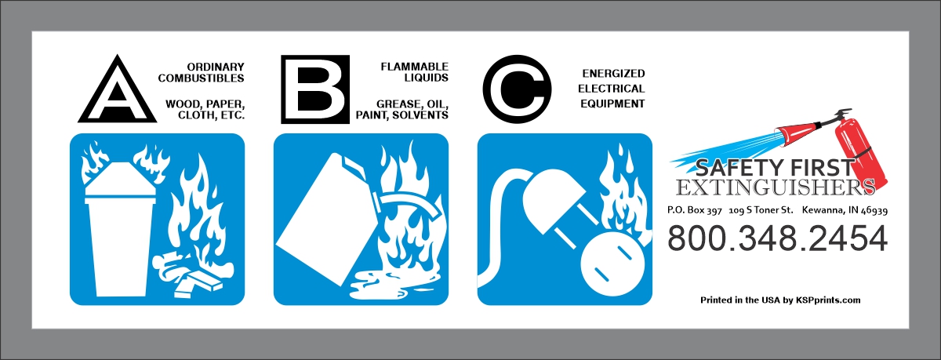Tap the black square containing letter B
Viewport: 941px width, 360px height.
coord(315,89)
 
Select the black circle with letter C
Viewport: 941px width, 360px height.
coord(517,89)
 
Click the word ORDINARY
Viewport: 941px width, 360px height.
coord(216,67)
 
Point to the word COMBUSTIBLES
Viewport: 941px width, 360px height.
coord(201,78)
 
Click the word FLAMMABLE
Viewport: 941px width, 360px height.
coord(414,67)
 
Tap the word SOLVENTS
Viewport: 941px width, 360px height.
coord(420,115)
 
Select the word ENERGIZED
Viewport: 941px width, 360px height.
coord(613,73)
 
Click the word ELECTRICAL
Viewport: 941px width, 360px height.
coord(611,88)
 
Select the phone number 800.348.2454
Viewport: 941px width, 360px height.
coord(778,238)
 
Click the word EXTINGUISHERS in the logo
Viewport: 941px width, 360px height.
coord(776,187)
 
